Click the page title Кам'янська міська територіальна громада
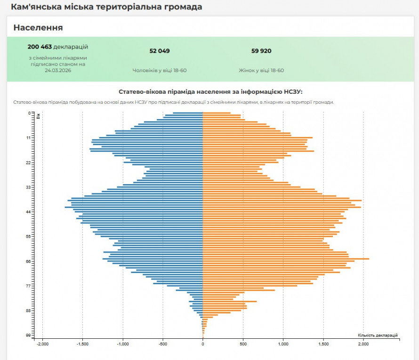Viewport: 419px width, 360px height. tap(106, 7)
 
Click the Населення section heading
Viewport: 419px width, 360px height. tap(38, 27)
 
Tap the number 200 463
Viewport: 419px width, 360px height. tap(40, 47)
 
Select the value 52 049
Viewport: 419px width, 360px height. tap(160, 51)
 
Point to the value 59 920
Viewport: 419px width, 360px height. tap(261, 51)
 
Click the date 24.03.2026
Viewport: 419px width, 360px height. tap(58, 69)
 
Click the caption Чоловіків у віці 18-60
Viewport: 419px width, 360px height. tap(160, 70)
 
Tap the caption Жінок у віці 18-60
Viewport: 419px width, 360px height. tap(261, 70)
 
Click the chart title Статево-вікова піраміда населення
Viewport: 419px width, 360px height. tap(211, 91)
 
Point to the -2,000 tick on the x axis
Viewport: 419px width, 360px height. tap(42, 344)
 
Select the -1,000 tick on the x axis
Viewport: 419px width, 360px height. tap(122, 344)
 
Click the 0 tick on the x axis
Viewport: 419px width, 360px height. tap(203, 344)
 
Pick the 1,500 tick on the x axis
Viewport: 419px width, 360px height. tap(323, 344)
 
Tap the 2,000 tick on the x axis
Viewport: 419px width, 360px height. tap(363, 344)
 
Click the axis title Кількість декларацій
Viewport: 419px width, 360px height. tap(378, 335)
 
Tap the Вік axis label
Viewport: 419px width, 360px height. tap(39, 115)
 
